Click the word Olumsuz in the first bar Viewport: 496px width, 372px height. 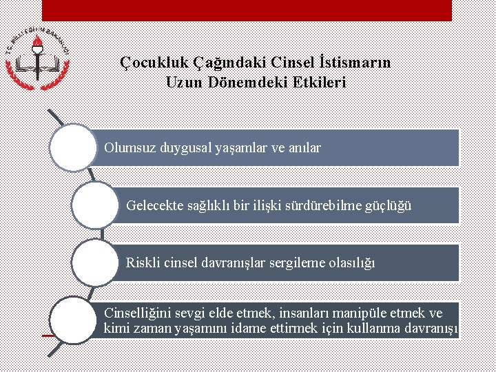coord(130,147)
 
